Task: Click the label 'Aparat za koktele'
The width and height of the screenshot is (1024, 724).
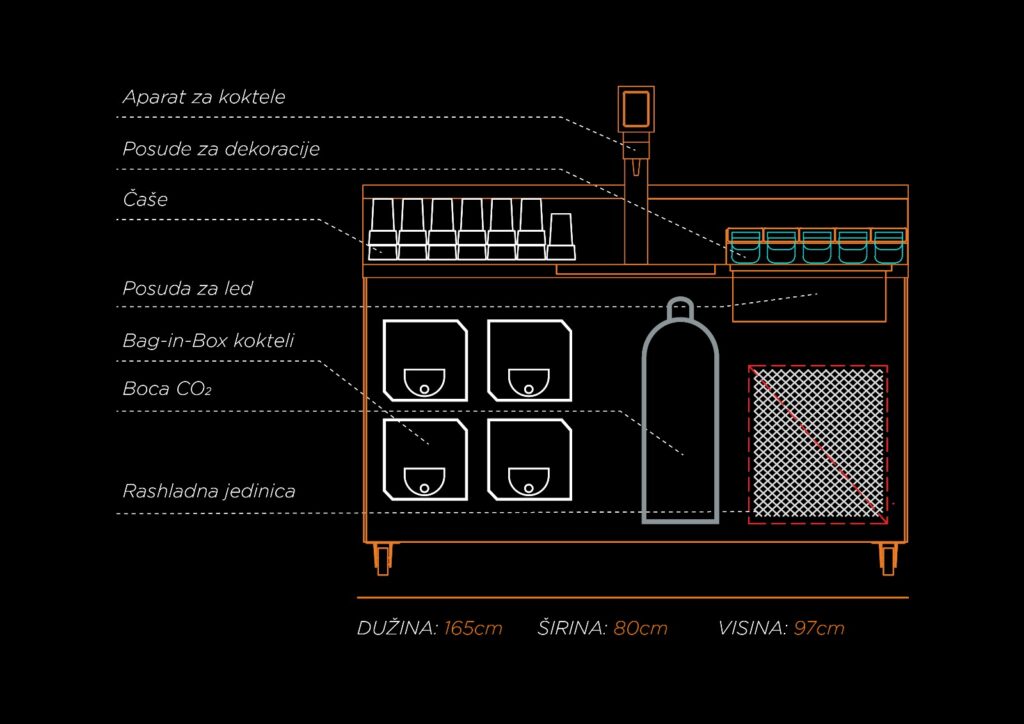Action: coord(204,97)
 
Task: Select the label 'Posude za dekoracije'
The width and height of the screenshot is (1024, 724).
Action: coord(221,148)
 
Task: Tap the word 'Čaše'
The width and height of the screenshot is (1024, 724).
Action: coord(145,199)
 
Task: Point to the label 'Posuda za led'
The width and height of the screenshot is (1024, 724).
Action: coord(188,288)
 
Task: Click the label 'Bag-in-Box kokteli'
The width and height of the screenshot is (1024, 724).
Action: coord(208,340)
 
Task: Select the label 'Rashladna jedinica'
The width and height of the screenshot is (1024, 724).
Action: coord(209,491)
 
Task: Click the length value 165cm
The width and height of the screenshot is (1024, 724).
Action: coord(473,628)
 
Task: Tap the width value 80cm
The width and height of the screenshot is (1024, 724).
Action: coord(640,628)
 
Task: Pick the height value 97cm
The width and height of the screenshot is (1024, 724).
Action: coord(818,628)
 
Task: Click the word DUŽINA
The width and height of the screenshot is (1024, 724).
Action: coord(397,628)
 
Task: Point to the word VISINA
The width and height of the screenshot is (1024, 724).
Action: coord(752,628)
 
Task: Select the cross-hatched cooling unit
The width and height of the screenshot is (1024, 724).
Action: coord(819,442)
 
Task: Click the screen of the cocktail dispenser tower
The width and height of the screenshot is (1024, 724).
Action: coord(636,107)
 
